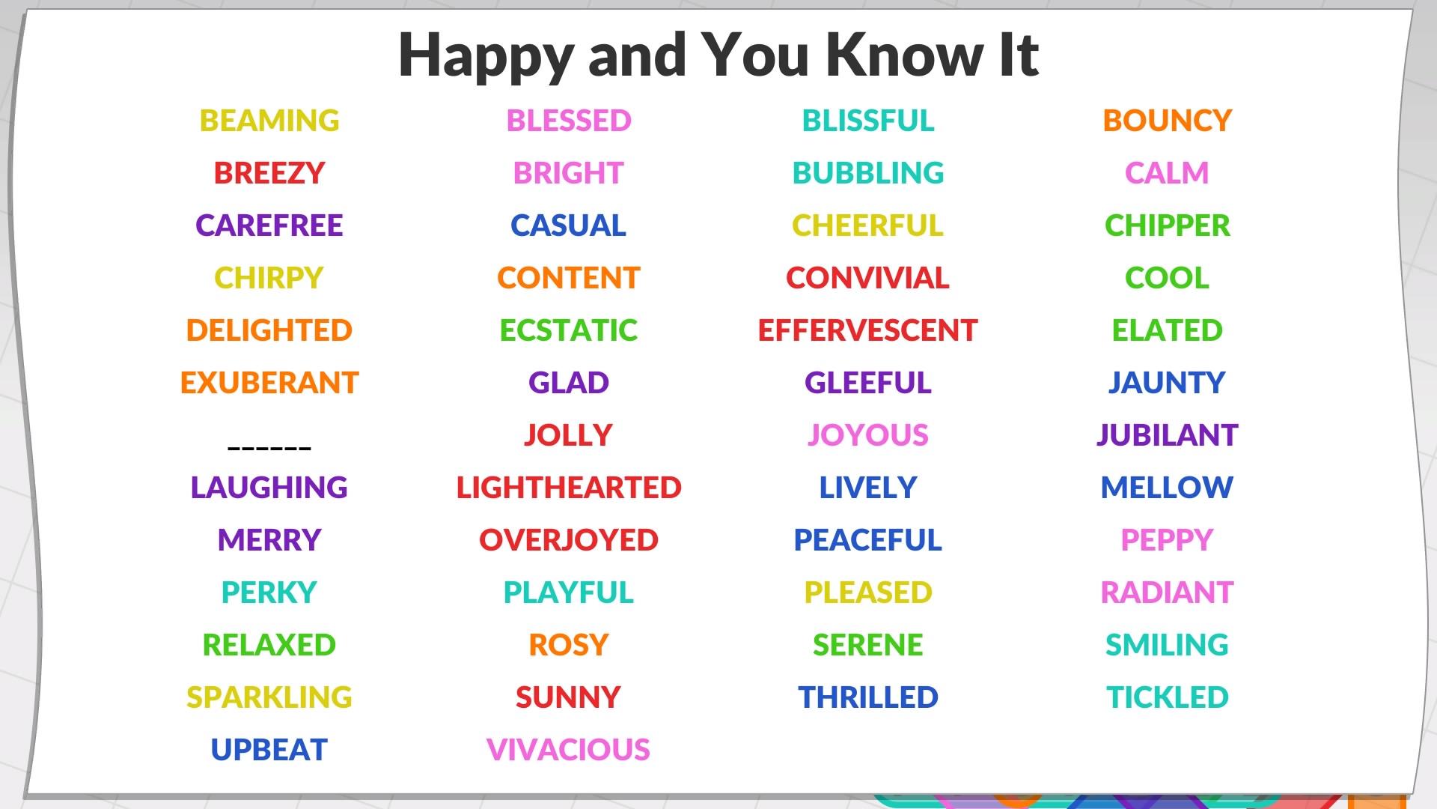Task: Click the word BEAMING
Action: tap(269, 121)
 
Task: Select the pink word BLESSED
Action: tap(569, 121)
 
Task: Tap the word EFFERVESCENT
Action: tap(867, 330)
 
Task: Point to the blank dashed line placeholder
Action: tap(269, 448)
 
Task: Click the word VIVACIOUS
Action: tap(568, 750)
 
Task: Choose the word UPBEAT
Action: tap(269, 750)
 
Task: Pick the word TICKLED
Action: tap(1168, 697)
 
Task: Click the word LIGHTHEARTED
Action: tap(569, 488)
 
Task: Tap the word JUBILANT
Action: tap(1168, 435)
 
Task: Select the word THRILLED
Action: tap(868, 697)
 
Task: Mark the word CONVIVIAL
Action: tap(867, 278)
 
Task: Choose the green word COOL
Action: tap(1168, 278)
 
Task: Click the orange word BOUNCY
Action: tap(1168, 121)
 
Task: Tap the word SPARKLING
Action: tap(269, 697)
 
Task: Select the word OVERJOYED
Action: tap(569, 540)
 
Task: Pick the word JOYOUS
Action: tap(868, 435)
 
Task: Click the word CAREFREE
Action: tap(269, 225)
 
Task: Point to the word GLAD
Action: tap(569, 383)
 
